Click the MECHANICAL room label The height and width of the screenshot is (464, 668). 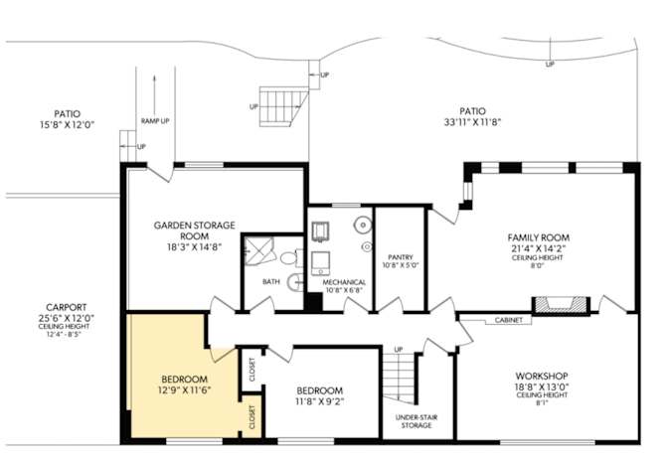tap(344, 282)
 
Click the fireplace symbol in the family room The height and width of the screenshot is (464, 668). tap(562, 303)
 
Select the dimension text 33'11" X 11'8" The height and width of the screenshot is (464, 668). tap(472, 124)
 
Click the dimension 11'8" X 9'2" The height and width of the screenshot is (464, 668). tap(320, 402)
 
